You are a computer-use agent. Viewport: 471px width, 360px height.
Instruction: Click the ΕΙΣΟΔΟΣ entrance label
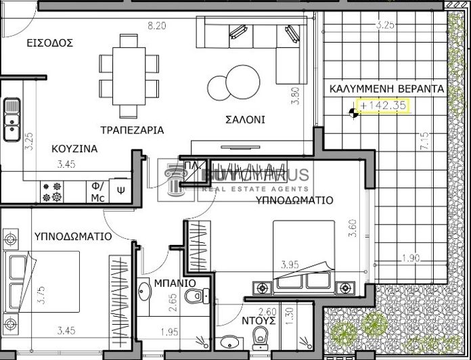(49, 43)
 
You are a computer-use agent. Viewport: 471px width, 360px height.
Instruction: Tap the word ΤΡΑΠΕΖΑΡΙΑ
(132, 129)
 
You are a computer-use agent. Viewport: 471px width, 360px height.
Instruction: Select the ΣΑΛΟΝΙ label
(245, 120)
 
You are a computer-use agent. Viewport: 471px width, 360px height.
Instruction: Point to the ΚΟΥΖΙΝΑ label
(74, 148)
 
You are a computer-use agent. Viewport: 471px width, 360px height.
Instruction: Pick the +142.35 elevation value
(383, 106)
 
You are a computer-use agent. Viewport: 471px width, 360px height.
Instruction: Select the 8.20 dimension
(157, 26)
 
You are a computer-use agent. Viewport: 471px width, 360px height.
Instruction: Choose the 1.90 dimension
(410, 258)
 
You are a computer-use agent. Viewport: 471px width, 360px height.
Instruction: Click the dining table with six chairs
(129, 74)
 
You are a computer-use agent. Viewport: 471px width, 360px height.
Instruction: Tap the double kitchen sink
(12, 119)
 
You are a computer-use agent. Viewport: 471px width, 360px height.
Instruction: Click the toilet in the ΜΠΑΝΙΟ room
(196, 295)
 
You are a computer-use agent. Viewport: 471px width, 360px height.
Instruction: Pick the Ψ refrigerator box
(120, 191)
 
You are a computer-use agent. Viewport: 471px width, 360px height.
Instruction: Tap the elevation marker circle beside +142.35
(353, 113)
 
